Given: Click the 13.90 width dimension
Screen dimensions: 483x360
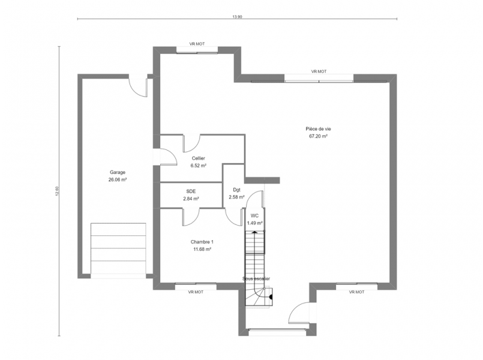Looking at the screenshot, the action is click(237, 17).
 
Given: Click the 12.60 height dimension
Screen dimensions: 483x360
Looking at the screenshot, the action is click(56, 191).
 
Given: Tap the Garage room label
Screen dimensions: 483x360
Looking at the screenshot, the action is click(118, 172).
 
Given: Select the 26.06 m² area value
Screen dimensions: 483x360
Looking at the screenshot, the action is click(118, 180).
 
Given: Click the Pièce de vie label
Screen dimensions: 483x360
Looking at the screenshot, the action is click(318, 129).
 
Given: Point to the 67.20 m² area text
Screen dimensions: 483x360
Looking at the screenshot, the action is click(318, 136).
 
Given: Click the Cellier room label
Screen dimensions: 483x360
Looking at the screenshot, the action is click(199, 158).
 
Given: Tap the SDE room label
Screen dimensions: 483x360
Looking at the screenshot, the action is click(191, 191).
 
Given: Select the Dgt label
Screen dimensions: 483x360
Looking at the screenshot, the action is click(236, 190).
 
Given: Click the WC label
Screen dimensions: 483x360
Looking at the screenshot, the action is click(255, 215).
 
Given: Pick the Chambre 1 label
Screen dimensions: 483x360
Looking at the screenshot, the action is click(202, 242).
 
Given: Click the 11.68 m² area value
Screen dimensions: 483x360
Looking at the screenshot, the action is click(202, 250).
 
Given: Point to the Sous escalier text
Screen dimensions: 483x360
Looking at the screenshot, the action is click(256, 278).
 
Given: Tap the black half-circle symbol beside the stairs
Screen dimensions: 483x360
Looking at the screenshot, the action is click(271, 297).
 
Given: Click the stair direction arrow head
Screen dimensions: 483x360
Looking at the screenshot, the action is click(254, 232).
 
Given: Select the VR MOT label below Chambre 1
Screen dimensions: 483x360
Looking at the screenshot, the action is click(196, 292).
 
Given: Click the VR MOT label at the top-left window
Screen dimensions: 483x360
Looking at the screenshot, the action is click(197, 44).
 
